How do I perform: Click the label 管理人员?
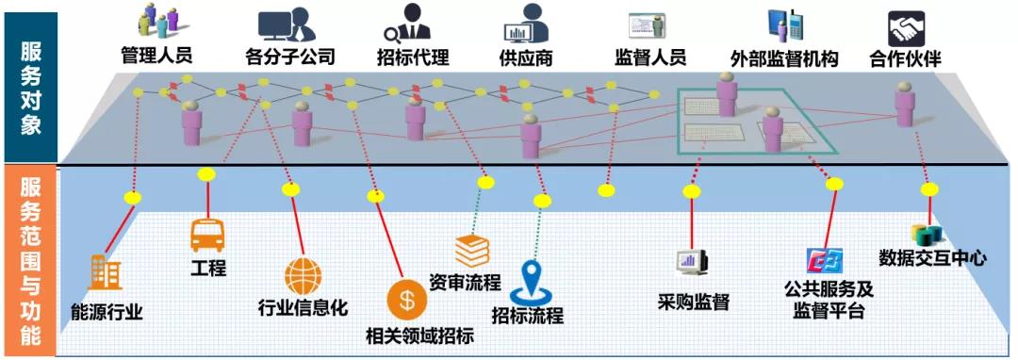[x=156, y=56]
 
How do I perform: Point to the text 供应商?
[x=525, y=57]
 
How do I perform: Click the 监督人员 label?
[x=649, y=57]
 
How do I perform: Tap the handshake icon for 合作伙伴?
[x=907, y=25]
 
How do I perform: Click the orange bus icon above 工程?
[x=207, y=234]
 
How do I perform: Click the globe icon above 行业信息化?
[x=303, y=276]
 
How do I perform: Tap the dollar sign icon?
[x=406, y=301]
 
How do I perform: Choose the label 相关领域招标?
[x=419, y=335]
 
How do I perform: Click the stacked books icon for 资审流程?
[x=472, y=250]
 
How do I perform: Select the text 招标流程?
[x=528, y=314]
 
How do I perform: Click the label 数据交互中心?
[x=932, y=256]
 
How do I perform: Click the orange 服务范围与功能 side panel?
[x=30, y=260]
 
